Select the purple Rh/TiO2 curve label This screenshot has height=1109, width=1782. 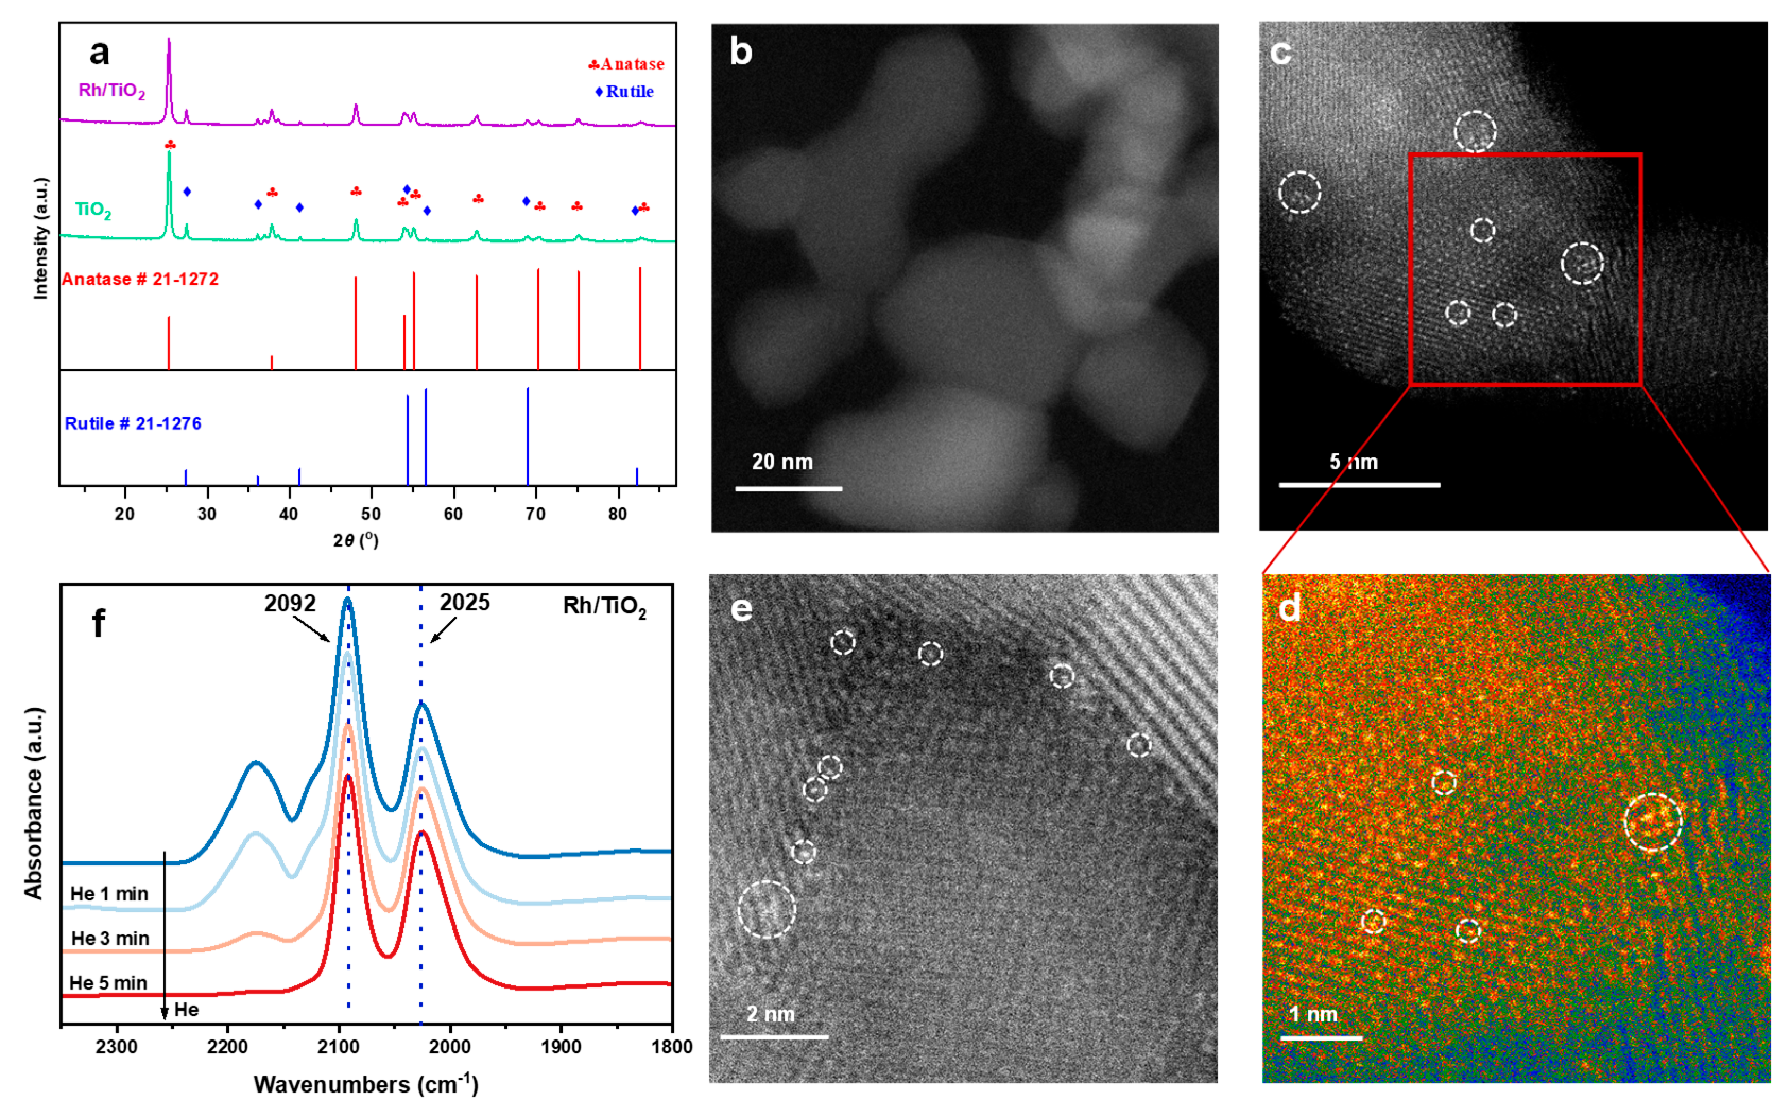(x=111, y=90)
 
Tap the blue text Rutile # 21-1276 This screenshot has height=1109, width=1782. (x=133, y=423)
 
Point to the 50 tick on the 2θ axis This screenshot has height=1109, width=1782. (x=371, y=514)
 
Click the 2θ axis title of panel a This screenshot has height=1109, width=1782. (x=356, y=541)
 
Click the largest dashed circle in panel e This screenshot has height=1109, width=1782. (x=767, y=909)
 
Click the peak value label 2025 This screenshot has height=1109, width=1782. (x=464, y=602)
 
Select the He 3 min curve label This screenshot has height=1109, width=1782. (x=110, y=938)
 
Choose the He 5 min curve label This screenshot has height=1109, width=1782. (x=109, y=983)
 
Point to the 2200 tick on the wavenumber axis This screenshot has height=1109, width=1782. (x=227, y=1047)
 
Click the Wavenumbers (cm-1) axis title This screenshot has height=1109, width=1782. (x=365, y=1084)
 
